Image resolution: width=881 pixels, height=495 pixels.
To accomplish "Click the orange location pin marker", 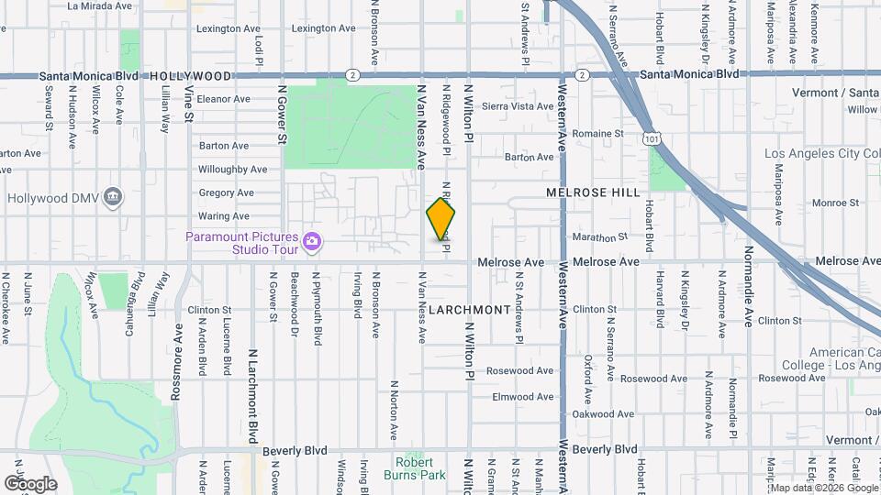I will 441,218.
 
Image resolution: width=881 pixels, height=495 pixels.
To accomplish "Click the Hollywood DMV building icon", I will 113,196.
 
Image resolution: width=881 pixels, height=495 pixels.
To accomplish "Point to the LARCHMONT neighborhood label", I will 469,310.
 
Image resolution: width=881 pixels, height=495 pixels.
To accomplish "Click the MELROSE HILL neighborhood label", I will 593,193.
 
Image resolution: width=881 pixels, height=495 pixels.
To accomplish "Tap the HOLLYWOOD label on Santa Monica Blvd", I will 190,76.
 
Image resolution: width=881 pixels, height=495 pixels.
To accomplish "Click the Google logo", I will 30,483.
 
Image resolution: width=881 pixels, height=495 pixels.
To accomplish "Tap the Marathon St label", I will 602,236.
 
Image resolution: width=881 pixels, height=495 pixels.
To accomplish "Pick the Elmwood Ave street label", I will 523,397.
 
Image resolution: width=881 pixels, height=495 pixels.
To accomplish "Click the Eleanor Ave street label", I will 223,99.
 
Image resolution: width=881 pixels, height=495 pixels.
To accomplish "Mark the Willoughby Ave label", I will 232,170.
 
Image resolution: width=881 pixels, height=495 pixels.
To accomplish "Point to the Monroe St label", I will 834,203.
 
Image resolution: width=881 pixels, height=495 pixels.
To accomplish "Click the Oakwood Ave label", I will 613,414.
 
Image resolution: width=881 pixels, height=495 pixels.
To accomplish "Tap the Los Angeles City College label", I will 821,152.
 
